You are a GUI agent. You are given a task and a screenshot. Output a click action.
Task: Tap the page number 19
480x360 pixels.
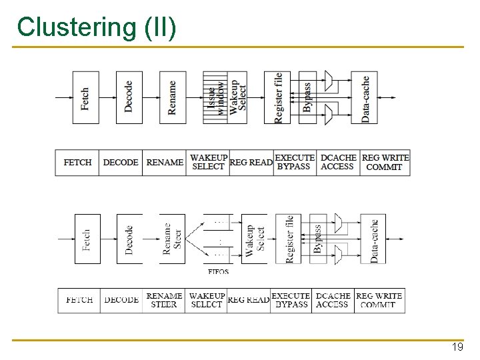[457, 348]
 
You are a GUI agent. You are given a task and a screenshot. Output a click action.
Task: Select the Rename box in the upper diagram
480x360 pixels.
[173, 97]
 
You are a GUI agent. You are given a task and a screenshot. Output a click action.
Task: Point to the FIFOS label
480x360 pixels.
[219, 271]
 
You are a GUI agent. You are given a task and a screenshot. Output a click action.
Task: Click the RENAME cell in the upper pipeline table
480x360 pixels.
[165, 162]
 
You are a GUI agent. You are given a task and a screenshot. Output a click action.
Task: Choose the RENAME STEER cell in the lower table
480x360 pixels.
[164, 300]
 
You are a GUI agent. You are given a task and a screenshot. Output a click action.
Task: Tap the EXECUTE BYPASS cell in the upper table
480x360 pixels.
[295, 162]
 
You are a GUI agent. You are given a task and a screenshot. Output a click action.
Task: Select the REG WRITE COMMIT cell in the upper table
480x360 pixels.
[385, 162]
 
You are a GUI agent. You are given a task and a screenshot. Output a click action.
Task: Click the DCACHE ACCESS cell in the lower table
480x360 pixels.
[333, 300]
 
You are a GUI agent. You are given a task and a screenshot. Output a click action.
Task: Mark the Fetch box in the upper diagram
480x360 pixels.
[85, 97]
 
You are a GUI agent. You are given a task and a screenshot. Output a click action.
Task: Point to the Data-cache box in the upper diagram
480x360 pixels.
[366, 97]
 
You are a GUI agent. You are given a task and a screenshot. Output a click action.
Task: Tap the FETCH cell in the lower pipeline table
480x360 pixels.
[79, 300]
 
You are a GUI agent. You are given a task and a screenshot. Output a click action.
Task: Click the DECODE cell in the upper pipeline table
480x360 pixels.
[121, 162]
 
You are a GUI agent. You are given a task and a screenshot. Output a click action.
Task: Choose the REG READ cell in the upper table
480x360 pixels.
[251, 162]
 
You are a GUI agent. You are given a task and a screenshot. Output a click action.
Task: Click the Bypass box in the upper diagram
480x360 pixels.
[307, 97]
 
